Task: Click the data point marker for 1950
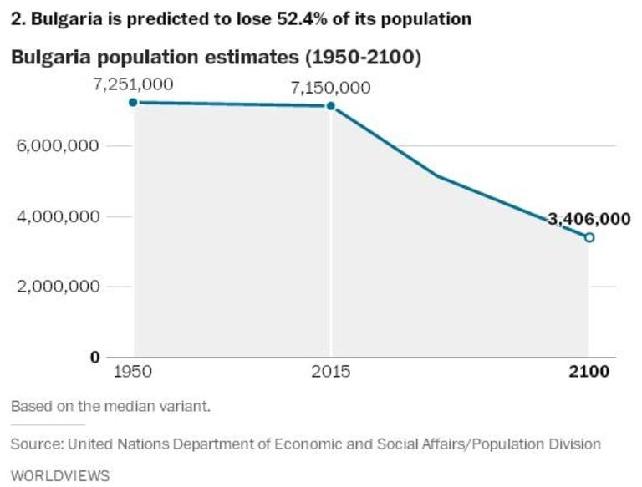point(134,102)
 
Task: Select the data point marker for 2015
point(331,106)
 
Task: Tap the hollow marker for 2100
point(589,237)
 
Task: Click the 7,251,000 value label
point(134,84)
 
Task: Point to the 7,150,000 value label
point(331,88)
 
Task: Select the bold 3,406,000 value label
point(588,219)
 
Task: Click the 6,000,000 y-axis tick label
point(59,146)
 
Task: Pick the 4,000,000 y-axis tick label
point(59,217)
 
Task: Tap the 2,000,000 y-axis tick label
point(59,287)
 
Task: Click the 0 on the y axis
point(94,358)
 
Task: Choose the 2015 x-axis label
point(332,372)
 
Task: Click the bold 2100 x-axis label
point(590,372)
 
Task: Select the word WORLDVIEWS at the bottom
point(60,475)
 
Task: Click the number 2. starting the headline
point(18,18)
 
